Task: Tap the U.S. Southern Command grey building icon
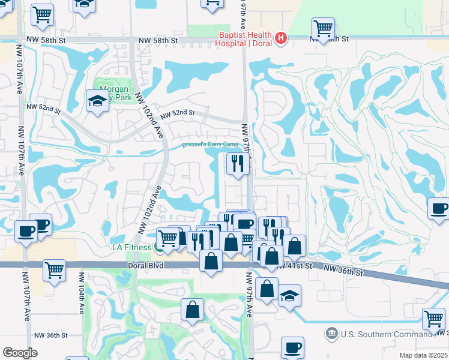pyautogui.click(x=331, y=333)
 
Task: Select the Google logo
pyautogui.click(x=19, y=353)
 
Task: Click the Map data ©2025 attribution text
pyautogui.click(x=423, y=355)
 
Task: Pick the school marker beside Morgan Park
pyautogui.click(x=97, y=101)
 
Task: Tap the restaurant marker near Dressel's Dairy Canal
pyautogui.click(x=238, y=163)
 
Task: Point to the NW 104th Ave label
pyautogui.click(x=81, y=298)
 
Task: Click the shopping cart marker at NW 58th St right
pyautogui.click(x=323, y=28)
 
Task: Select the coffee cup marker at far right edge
pyautogui.click(x=438, y=209)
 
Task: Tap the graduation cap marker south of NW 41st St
pyautogui.click(x=289, y=296)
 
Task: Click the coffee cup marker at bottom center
pyautogui.click(x=292, y=347)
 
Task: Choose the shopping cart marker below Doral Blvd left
pyautogui.click(x=54, y=270)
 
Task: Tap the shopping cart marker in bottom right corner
pyautogui.click(x=433, y=319)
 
